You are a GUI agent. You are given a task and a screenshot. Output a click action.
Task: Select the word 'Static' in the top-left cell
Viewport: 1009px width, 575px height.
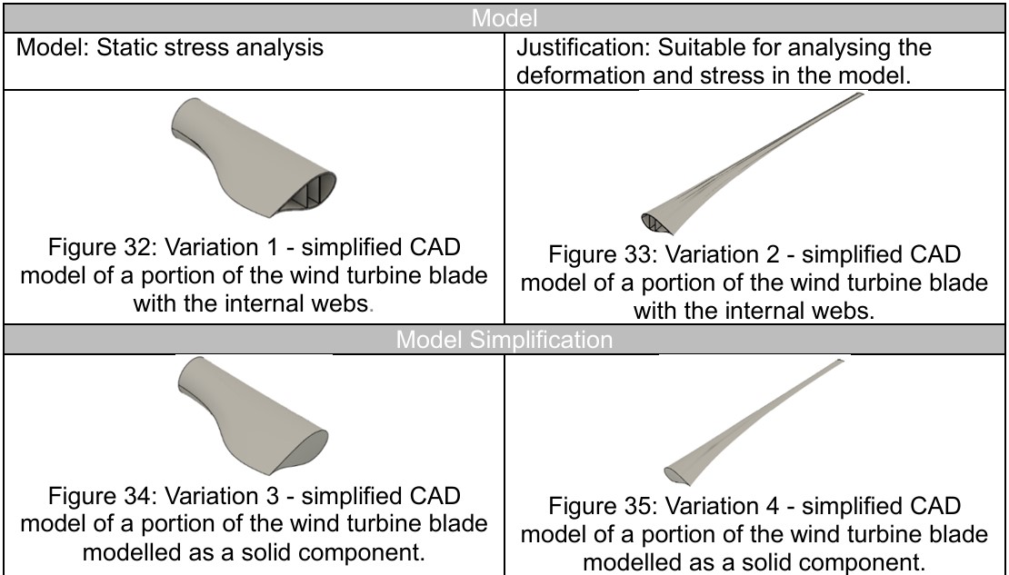tap(129, 47)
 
